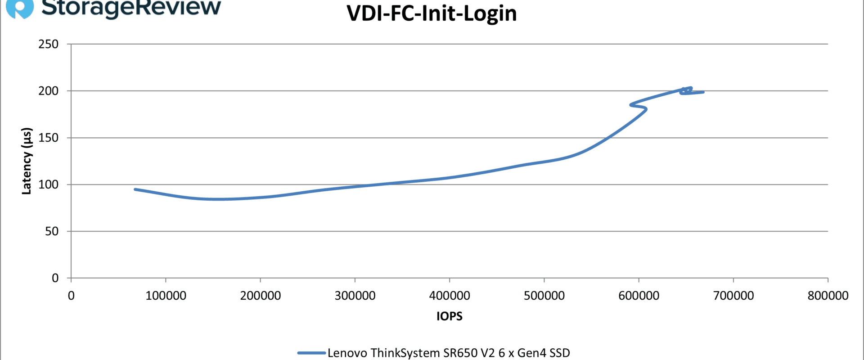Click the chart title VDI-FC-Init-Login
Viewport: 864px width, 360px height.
432,13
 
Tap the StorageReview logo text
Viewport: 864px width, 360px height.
131,7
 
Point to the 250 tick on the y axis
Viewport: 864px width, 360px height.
49,44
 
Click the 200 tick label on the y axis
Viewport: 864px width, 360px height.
49,91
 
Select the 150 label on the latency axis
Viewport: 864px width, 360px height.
49,138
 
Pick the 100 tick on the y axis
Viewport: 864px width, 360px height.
49,184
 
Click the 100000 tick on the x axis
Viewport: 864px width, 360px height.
166,296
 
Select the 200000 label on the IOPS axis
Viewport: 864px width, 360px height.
261,296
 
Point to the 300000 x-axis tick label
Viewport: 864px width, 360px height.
355,296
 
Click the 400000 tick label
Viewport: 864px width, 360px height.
450,296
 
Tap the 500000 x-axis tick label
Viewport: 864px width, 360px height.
544,296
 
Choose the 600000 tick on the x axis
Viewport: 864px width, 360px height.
639,296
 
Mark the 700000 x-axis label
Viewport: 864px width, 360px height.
733,296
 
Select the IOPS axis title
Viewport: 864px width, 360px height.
449,316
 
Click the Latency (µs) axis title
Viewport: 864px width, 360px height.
27,161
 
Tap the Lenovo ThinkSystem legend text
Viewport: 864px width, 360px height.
449,353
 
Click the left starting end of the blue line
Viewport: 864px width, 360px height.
135,189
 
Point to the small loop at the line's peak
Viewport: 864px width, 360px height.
686,90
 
